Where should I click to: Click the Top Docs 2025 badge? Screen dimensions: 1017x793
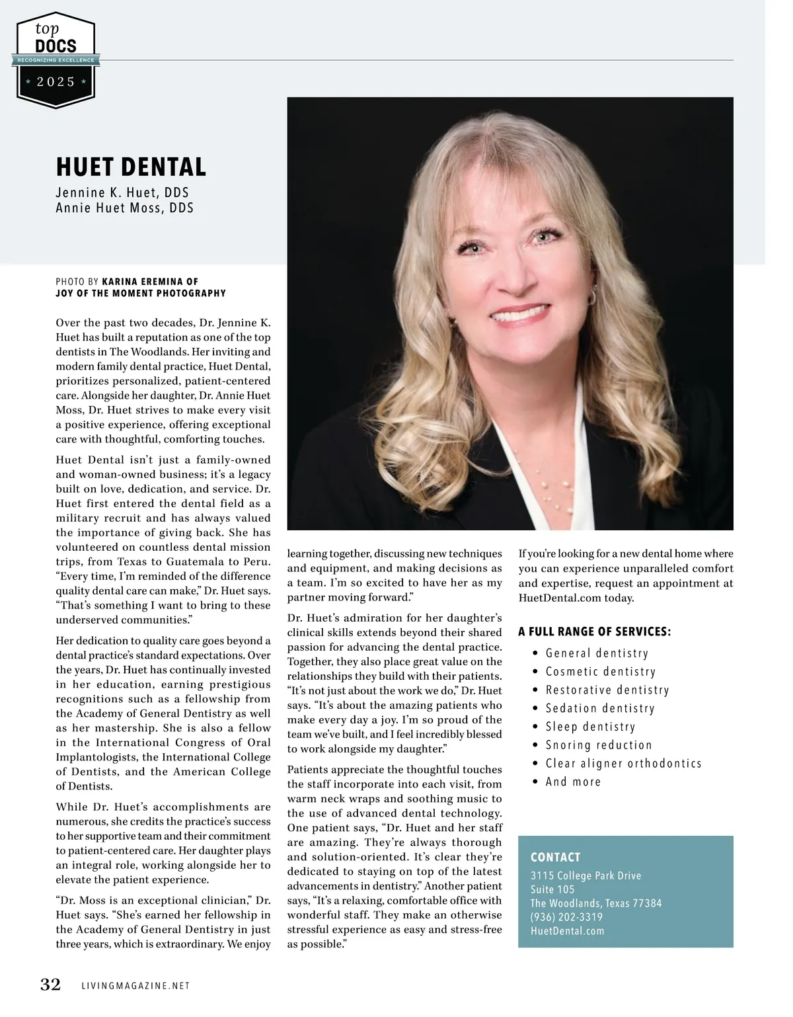pos(56,60)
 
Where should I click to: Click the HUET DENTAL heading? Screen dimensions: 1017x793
pos(131,167)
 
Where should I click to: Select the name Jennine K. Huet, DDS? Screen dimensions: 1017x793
pos(122,192)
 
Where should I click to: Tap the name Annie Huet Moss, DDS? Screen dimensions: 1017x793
pos(124,208)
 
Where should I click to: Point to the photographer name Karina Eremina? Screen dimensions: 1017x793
pos(150,282)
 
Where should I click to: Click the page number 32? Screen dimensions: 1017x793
pos(51,985)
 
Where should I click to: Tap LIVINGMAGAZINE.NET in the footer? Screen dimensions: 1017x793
pos(135,986)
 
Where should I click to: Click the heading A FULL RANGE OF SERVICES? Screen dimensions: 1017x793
pos(594,631)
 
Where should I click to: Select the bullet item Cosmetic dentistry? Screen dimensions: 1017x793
pos(600,672)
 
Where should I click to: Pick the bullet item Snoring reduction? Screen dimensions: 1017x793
pos(598,745)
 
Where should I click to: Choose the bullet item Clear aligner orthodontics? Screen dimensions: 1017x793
pos(623,763)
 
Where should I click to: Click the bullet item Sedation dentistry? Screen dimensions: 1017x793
pos(599,708)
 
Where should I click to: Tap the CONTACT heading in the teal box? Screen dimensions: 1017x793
pos(555,857)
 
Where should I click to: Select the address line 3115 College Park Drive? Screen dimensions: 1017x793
pos(585,875)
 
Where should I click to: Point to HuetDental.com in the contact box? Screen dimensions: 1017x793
pos(567,931)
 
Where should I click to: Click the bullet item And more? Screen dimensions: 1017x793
pos(573,782)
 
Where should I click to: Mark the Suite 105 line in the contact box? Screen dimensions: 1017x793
pos(552,889)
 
